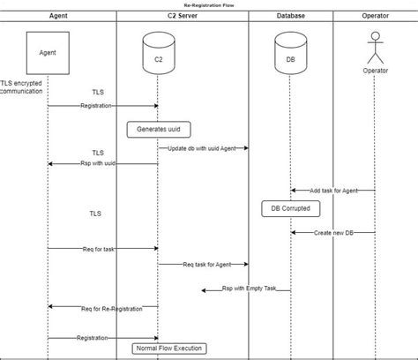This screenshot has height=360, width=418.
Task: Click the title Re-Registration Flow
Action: click(x=208, y=4)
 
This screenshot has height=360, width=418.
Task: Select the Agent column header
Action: click(x=58, y=16)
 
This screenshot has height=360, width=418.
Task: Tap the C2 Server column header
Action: click(x=181, y=16)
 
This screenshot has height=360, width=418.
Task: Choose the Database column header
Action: click(x=291, y=16)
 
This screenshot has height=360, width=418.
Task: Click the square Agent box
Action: click(x=48, y=53)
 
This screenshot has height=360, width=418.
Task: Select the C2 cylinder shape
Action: click(x=158, y=55)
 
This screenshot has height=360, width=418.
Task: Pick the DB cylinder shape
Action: click(x=291, y=55)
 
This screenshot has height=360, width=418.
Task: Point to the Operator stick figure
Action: click(x=375, y=49)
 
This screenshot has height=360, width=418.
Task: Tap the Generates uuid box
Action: click(x=158, y=129)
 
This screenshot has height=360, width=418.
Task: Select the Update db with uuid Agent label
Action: click(x=202, y=148)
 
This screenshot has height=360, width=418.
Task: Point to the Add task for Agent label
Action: click(x=334, y=191)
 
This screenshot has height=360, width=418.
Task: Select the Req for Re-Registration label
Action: click(x=105, y=308)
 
